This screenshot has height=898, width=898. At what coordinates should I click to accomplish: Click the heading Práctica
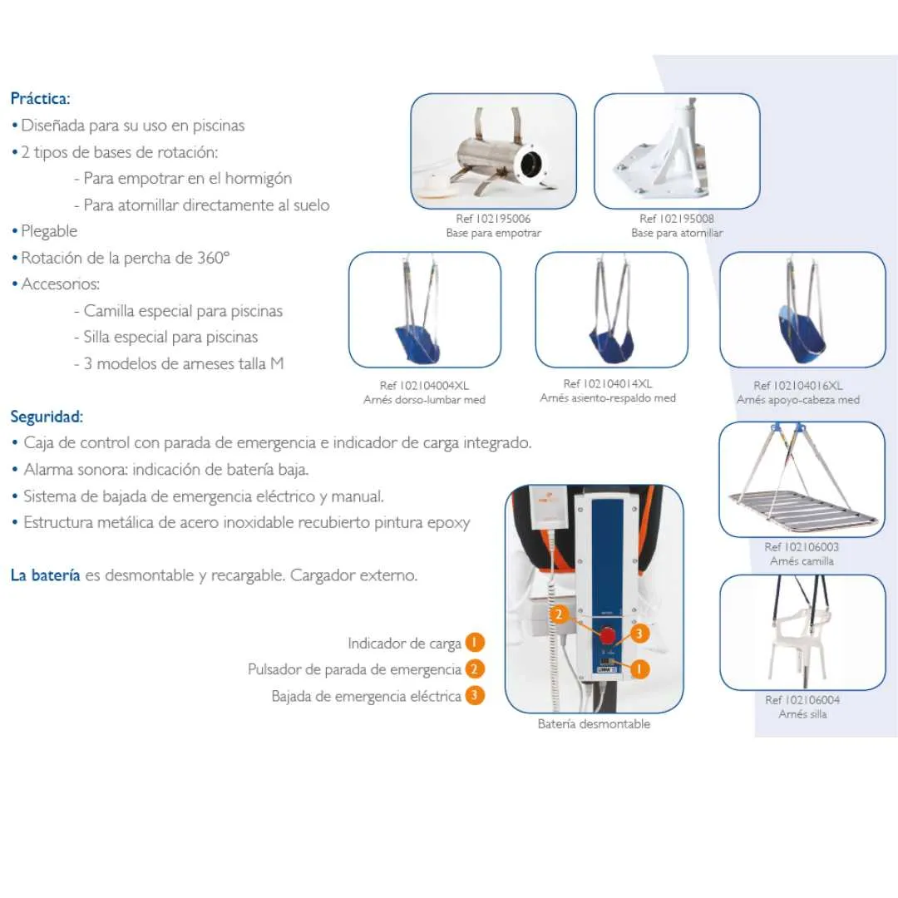pos(40,98)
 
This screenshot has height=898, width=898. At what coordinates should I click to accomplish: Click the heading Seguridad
pos(47,416)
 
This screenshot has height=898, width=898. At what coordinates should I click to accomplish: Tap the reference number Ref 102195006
pos(493,219)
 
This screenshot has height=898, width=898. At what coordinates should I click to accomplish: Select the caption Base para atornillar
pos(676,233)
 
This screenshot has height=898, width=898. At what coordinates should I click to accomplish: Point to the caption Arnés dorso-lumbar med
pos(424,400)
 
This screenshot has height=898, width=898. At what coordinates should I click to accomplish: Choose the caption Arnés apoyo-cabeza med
pos(797,400)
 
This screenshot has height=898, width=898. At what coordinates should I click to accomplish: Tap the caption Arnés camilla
pos(802,561)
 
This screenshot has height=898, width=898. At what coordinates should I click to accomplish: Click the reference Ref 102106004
pos(802,700)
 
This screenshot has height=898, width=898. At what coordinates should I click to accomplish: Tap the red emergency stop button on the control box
pos(608,636)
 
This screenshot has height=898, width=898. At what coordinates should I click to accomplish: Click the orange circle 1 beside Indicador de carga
pos(475,643)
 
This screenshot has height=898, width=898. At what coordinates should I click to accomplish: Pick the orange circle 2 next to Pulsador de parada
pos(475,669)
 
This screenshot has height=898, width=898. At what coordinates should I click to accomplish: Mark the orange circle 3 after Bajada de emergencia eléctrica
pos(475,696)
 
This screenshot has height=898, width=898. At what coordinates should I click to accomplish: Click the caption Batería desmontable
pos(594,724)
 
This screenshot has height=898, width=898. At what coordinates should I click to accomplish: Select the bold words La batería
pos(46,575)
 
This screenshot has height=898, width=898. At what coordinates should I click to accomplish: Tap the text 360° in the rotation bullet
pos(213,258)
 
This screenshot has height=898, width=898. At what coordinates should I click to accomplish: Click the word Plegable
pos(49,231)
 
